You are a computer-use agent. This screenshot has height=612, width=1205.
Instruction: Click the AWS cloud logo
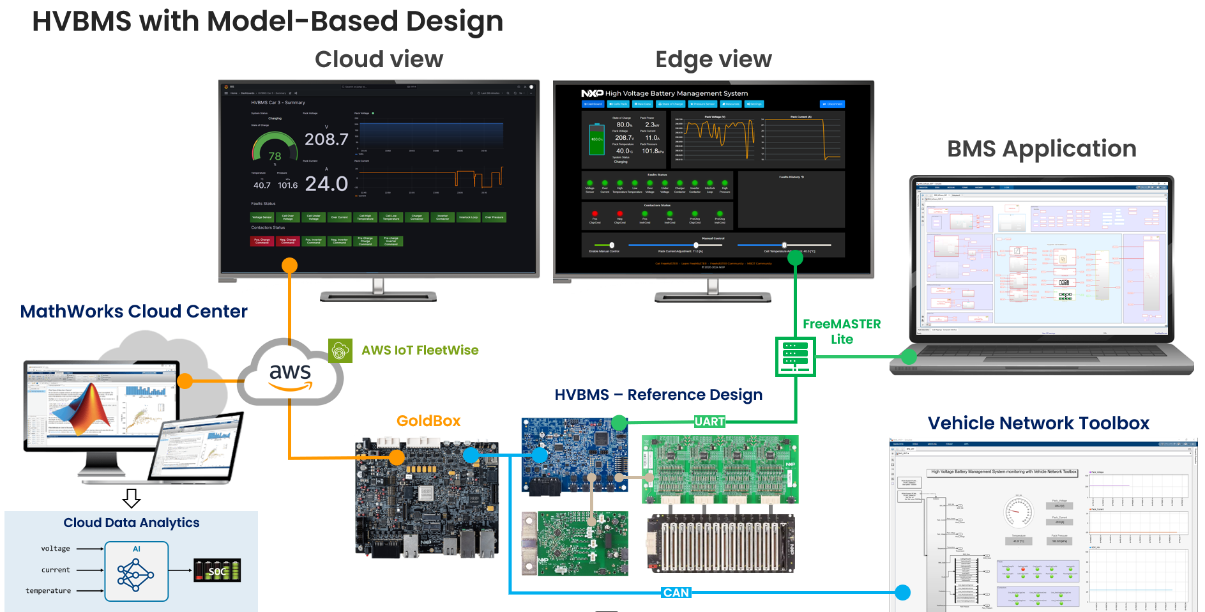[291, 374]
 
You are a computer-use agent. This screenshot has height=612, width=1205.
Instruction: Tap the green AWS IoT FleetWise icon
[340, 350]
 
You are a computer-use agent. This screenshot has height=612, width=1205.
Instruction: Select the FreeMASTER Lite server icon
[795, 356]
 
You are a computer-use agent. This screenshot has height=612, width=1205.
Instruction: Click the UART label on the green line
[709, 422]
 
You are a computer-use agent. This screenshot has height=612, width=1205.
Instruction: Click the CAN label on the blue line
[676, 593]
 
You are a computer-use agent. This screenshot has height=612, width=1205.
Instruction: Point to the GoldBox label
[428, 421]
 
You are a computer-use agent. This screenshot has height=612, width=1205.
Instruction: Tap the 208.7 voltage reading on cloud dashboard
[326, 139]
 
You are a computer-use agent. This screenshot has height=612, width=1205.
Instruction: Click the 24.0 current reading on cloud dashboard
[326, 184]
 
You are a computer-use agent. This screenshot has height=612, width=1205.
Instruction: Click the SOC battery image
[217, 570]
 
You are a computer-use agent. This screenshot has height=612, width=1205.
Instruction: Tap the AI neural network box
[136, 571]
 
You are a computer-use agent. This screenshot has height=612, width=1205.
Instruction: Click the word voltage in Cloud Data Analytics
[56, 548]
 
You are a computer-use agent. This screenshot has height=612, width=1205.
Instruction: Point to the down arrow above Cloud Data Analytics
[132, 498]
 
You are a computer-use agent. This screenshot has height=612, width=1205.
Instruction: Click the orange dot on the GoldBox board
[397, 457]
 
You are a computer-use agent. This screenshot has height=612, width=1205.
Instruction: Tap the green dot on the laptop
[908, 356]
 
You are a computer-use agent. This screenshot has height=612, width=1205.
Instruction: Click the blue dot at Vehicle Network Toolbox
[902, 593]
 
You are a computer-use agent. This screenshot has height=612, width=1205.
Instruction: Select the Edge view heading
[713, 59]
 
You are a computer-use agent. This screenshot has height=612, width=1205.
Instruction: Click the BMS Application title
[1042, 149]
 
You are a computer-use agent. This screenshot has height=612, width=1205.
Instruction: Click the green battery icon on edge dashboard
[596, 139]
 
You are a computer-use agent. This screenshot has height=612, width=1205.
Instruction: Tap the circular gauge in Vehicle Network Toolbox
[1018, 511]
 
